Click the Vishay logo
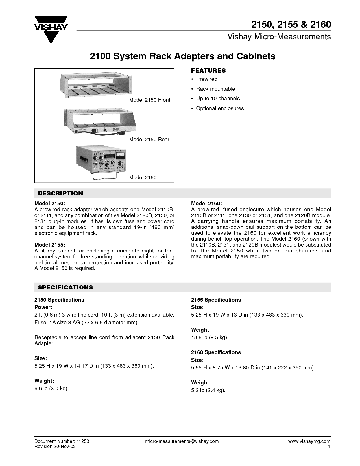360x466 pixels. click(51, 30)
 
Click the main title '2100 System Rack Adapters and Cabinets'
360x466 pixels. click(182, 56)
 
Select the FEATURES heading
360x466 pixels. click(208, 71)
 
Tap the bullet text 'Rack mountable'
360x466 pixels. click(215, 89)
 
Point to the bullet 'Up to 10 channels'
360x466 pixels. click(218, 99)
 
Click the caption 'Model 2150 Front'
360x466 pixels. click(149, 100)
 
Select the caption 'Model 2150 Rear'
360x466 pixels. click(149, 140)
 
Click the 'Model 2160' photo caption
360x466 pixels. click(143, 178)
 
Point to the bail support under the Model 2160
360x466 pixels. click(105, 176)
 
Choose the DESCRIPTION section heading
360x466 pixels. click(60, 193)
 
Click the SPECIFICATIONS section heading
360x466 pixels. click(66, 287)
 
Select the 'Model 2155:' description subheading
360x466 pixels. click(50, 245)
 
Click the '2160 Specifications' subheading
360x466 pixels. click(216, 352)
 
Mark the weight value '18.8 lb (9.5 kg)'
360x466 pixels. click(210, 337)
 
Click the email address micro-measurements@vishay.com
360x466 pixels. click(182, 441)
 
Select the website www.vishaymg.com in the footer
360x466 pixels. click(309, 441)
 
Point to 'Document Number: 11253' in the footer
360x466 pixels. click(62, 441)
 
